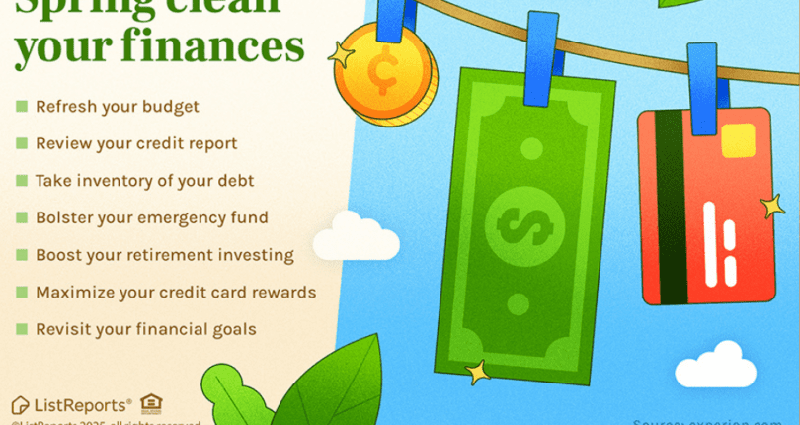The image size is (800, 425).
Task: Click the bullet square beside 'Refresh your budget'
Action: pyautogui.click(x=21, y=105)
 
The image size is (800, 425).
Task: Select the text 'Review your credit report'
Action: pyautogui.click(x=136, y=143)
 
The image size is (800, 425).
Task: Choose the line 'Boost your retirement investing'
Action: pyautogui.click(x=164, y=255)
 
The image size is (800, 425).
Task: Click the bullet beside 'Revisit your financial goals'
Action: pyautogui.click(x=21, y=329)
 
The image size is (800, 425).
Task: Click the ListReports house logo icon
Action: pyautogui.click(x=20, y=403)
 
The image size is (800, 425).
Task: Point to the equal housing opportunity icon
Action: pyautogui.click(x=151, y=402)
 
